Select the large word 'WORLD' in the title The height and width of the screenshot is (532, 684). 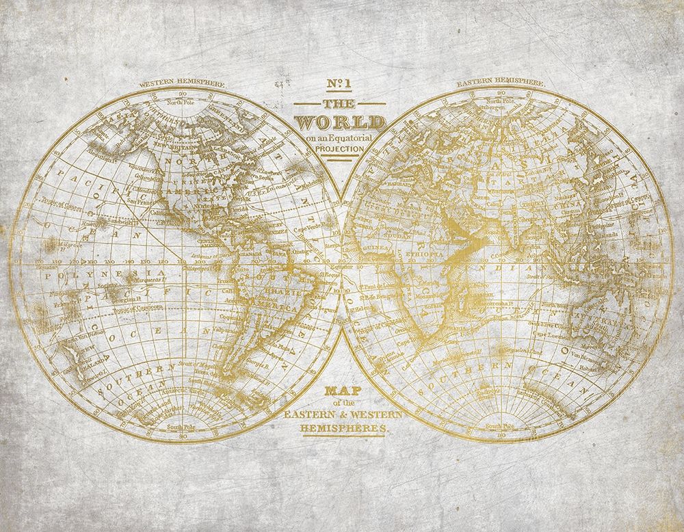pyautogui.click(x=341, y=122)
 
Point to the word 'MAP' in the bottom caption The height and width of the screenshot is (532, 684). pyautogui.click(x=340, y=392)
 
